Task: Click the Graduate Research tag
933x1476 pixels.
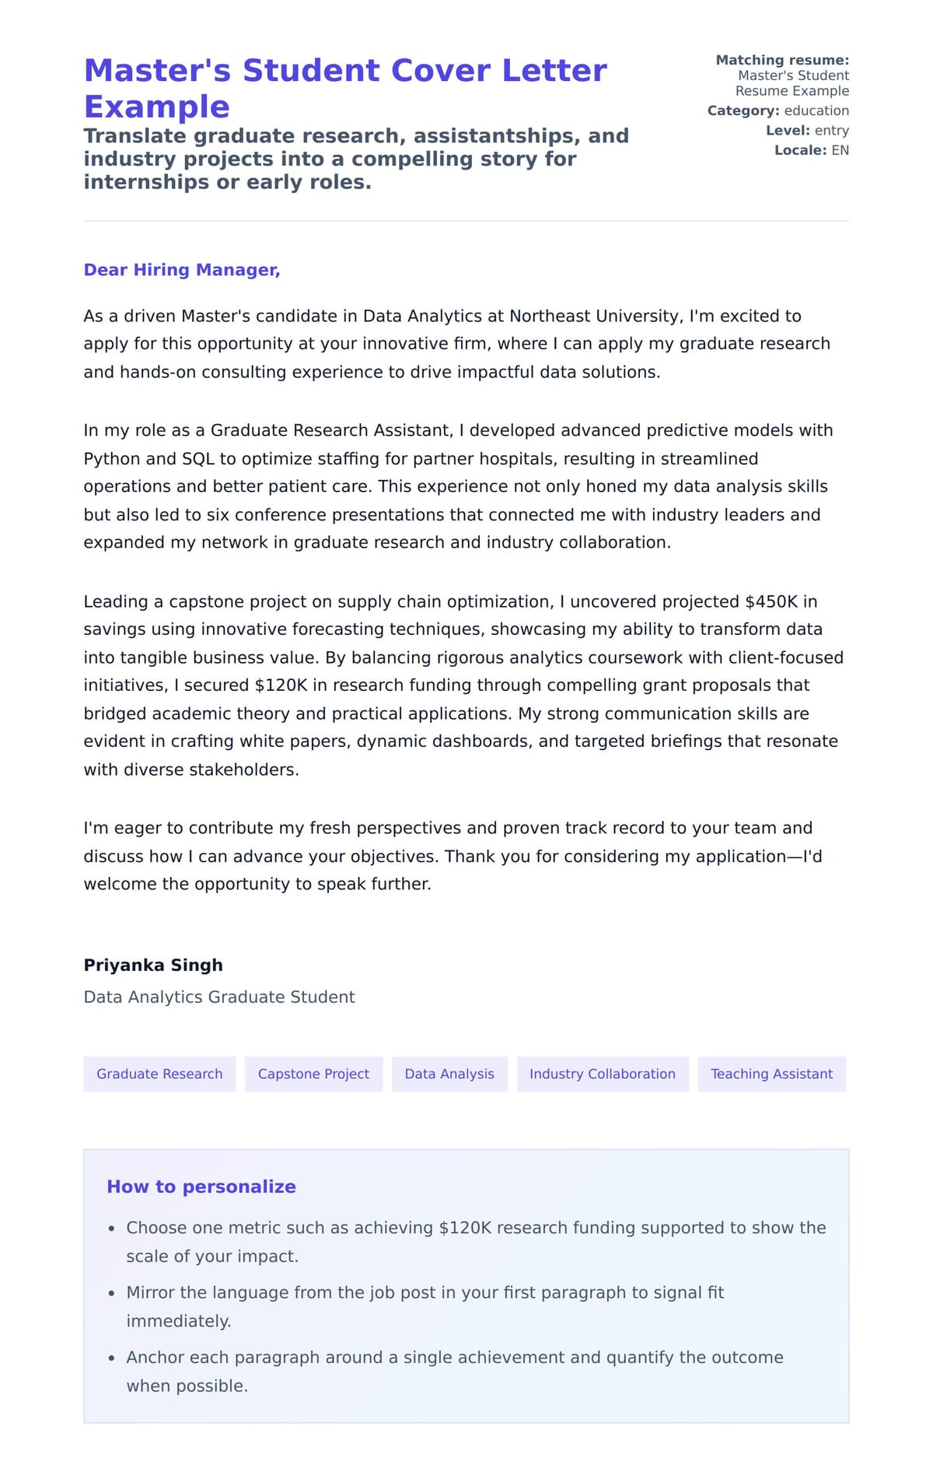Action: pyautogui.click(x=159, y=1074)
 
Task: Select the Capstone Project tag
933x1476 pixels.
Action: pyautogui.click(x=313, y=1074)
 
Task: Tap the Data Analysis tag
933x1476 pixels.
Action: pyautogui.click(x=449, y=1074)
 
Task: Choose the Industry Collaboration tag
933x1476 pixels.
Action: pyautogui.click(x=603, y=1074)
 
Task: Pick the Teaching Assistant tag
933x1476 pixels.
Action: pyautogui.click(x=771, y=1074)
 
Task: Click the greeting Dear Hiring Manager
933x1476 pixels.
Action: pyautogui.click(x=182, y=270)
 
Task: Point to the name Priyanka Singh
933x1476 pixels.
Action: pyautogui.click(x=153, y=965)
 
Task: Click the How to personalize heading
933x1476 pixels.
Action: pyautogui.click(x=201, y=1187)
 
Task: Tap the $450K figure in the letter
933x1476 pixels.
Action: pyautogui.click(x=771, y=601)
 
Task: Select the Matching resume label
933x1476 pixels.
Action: pyautogui.click(x=782, y=60)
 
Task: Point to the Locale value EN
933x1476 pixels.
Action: pyautogui.click(x=840, y=150)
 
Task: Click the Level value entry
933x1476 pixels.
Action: pyautogui.click(x=832, y=131)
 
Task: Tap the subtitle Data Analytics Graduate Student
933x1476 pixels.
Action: pyautogui.click(x=219, y=997)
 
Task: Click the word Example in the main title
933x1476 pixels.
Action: pyautogui.click(x=157, y=107)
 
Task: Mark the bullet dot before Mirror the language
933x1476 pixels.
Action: pyautogui.click(x=111, y=1293)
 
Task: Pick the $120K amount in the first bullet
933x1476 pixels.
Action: pyautogui.click(x=465, y=1228)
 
